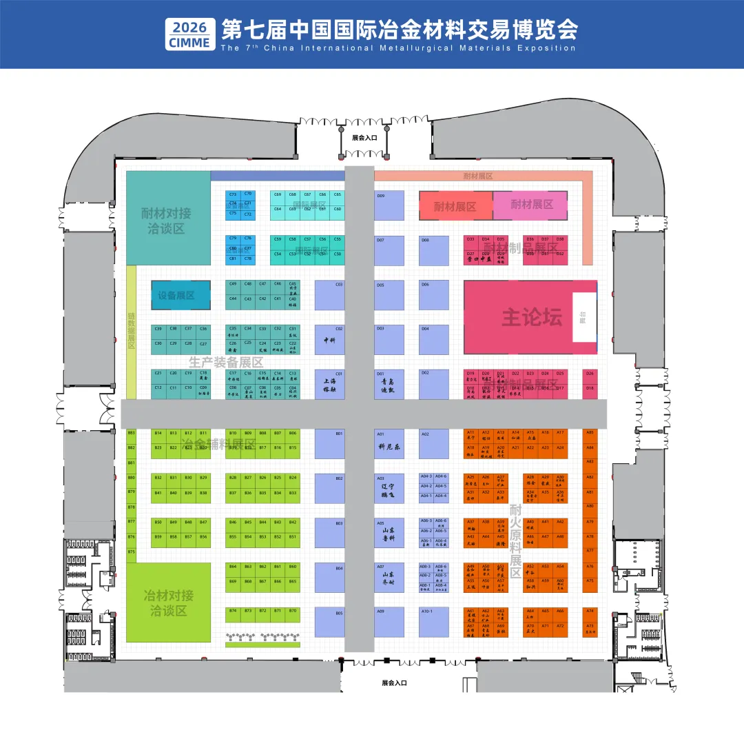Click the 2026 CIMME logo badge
click(189, 34)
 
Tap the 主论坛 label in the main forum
click(532, 317)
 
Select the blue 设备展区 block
click(180, 295)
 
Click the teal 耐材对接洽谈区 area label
click(168, 221)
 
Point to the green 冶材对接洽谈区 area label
click(168, 603)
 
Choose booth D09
click(389, 205)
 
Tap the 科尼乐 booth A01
click(389, 444)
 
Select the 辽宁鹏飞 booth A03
click(389, 487)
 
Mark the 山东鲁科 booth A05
click(389, 532)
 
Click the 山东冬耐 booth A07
click(389, 577)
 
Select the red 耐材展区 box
click(455, 206)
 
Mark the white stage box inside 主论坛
click(583, 317)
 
